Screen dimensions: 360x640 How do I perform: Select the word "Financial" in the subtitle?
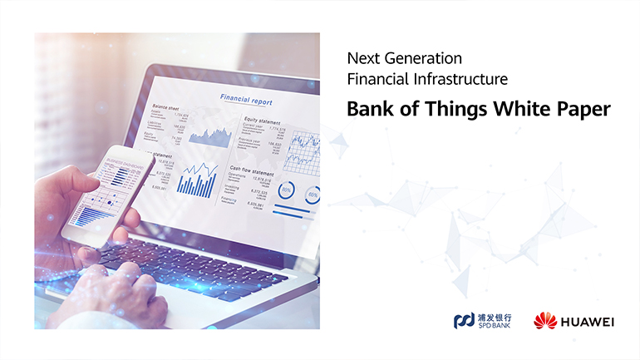point(375,81)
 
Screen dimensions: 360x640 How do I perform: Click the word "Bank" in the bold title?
point(367,109)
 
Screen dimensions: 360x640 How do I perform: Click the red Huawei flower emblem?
point(544,320)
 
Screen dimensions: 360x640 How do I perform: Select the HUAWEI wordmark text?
point(587,321)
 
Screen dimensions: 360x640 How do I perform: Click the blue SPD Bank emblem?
point(463,320)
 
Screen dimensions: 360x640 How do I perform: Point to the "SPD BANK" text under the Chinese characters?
point(494,326)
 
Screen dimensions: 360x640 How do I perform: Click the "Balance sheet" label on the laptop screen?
point(166,107)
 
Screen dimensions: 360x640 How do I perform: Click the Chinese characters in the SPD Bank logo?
point(494,316)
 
